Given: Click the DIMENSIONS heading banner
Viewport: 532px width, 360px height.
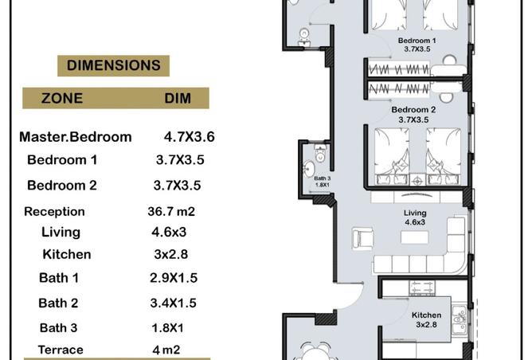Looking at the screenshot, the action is (x=113, y=65).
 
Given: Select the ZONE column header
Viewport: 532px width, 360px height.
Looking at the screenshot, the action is (x=62, y=99).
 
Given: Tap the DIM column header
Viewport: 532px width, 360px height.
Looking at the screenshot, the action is (x=178, y=99).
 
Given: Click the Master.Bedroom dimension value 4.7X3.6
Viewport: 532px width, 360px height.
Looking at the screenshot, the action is (x=189, y=137).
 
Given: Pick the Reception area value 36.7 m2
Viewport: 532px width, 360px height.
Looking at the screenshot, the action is (x=171, y=211).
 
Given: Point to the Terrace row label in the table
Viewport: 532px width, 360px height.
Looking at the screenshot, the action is (x=61, y=350).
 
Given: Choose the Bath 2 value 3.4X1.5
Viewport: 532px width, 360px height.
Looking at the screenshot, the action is (x=174, y=303).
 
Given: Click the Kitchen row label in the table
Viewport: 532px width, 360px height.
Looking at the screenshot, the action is (x=67, y=254).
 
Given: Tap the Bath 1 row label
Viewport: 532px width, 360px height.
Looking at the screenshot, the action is (x=59, y=277).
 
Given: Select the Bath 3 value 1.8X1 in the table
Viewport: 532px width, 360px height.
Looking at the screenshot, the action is (x=167, y=328).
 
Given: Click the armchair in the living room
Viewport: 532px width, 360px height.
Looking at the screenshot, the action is (x=362, y=238).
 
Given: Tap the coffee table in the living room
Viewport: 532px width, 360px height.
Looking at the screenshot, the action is (x=415, y=237).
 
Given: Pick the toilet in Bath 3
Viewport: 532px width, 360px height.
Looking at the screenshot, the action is (x=320, y=154).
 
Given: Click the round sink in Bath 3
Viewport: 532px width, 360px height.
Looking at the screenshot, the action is (x=309, y=169).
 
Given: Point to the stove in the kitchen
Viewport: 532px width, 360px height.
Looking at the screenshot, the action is (x=422, y=288).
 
